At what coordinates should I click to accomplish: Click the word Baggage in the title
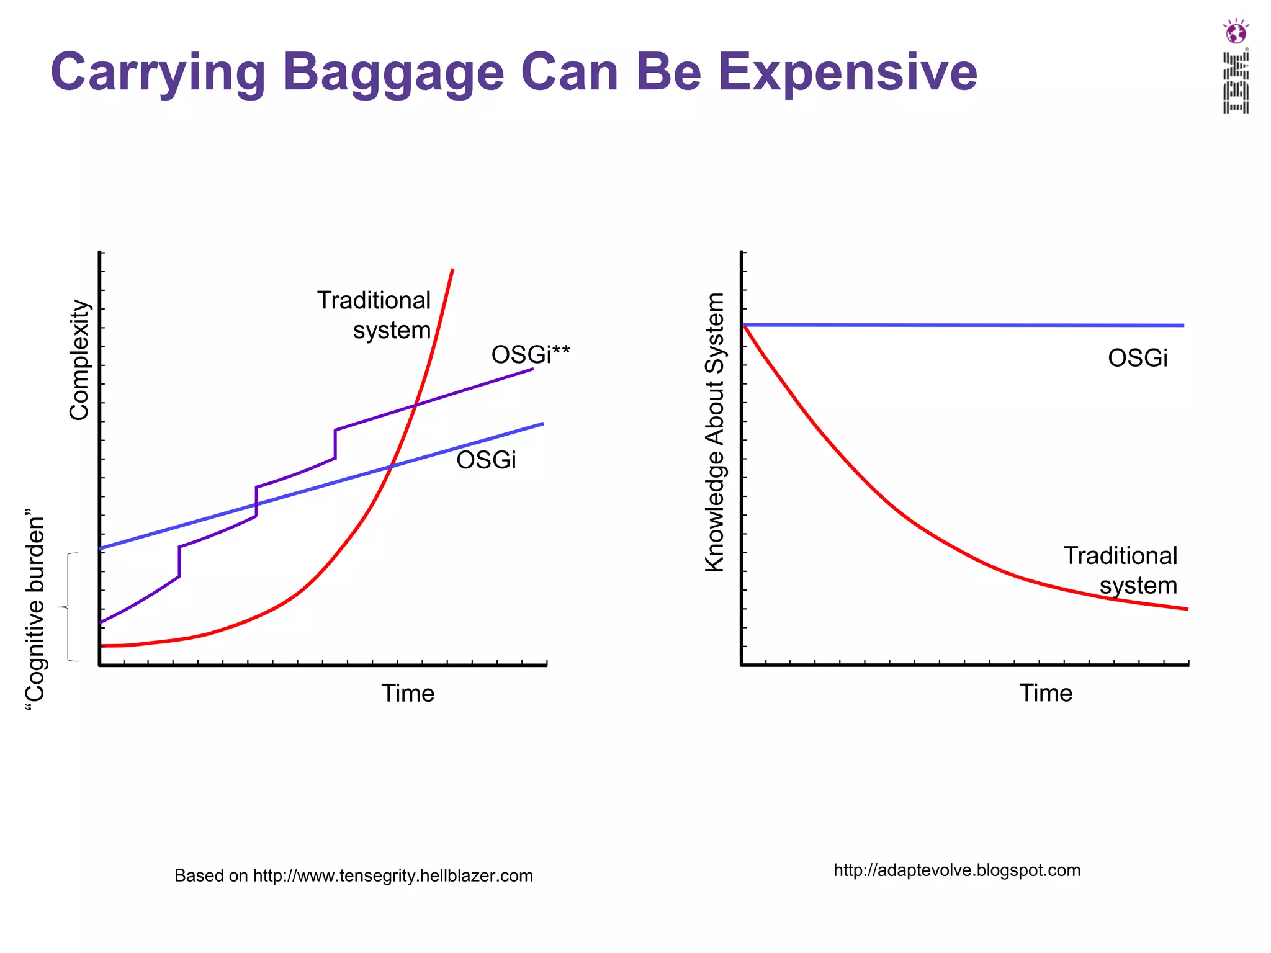[393, 73]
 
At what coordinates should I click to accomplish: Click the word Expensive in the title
[847, 73]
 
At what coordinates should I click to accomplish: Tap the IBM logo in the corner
[1235, 67]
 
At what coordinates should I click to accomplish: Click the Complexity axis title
[79, 360]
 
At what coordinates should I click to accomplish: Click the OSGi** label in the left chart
[530, 355]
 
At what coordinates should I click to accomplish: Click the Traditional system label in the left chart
[374, 315]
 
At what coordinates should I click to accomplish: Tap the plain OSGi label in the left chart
[486, 460]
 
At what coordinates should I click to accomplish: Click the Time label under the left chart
[408, 693]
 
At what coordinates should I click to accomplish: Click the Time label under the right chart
[1046, 693]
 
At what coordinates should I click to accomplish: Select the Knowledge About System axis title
[715, 432]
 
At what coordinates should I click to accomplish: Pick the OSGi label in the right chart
[1138, 359]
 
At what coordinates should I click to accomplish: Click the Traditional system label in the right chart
[1121, 570]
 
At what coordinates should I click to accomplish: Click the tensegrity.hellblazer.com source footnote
[354, 875]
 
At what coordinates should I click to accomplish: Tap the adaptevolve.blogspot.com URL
[957, 870]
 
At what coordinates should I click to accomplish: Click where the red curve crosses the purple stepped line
[415, 405]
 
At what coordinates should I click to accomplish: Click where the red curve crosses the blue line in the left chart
[391, 465]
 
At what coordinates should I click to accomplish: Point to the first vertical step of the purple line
[179, 562]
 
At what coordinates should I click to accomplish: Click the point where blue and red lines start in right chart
[744, 325]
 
